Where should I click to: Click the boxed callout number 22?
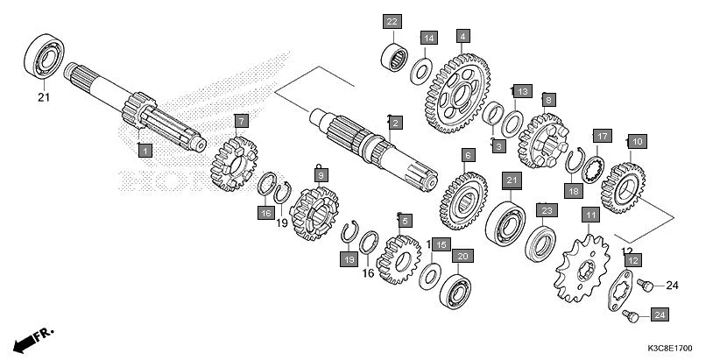(392, 21)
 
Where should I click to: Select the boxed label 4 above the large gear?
(462, 37)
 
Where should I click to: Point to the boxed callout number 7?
(241, 120)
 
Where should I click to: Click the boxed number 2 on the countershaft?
(396, 124)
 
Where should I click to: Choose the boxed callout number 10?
(637, 141)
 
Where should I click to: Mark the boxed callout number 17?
(601, 137)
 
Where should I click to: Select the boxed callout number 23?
(546, 210)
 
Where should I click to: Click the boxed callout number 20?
(462, 256)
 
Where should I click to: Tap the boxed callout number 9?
(321, 176)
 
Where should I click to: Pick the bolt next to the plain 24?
(645, 284)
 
